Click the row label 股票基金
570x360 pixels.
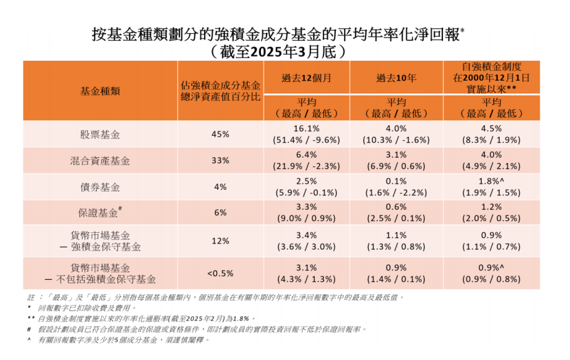(x=100, y=134)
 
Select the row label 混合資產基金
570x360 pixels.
(x=100, y=160)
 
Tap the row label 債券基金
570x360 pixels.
(x=100, y=187)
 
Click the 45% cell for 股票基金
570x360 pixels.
(x=220, y=134)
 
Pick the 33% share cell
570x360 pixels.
(x=220, y=160)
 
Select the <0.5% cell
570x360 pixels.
(x=220, y=273)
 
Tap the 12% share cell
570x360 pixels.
(x=220, y=241)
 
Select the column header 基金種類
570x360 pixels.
(x=100, y=91)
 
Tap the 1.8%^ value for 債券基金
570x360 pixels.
(x=492, y=182)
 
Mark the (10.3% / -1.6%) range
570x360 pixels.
(x=397, y=140)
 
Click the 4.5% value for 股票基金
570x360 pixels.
(x=492, y=128)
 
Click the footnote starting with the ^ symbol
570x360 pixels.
(x=119, y=340)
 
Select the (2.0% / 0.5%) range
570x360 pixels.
(x=492, y=219)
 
